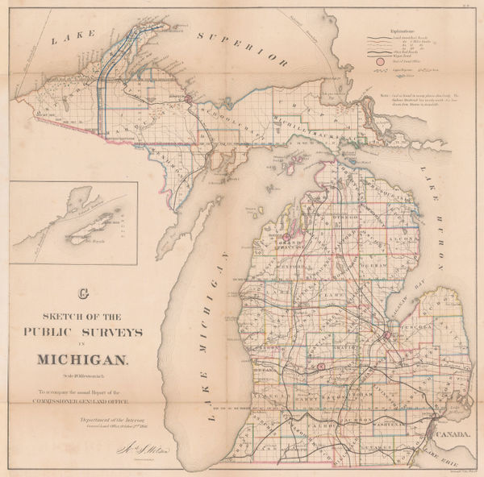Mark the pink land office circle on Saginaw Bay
click(x=387, y=335)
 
